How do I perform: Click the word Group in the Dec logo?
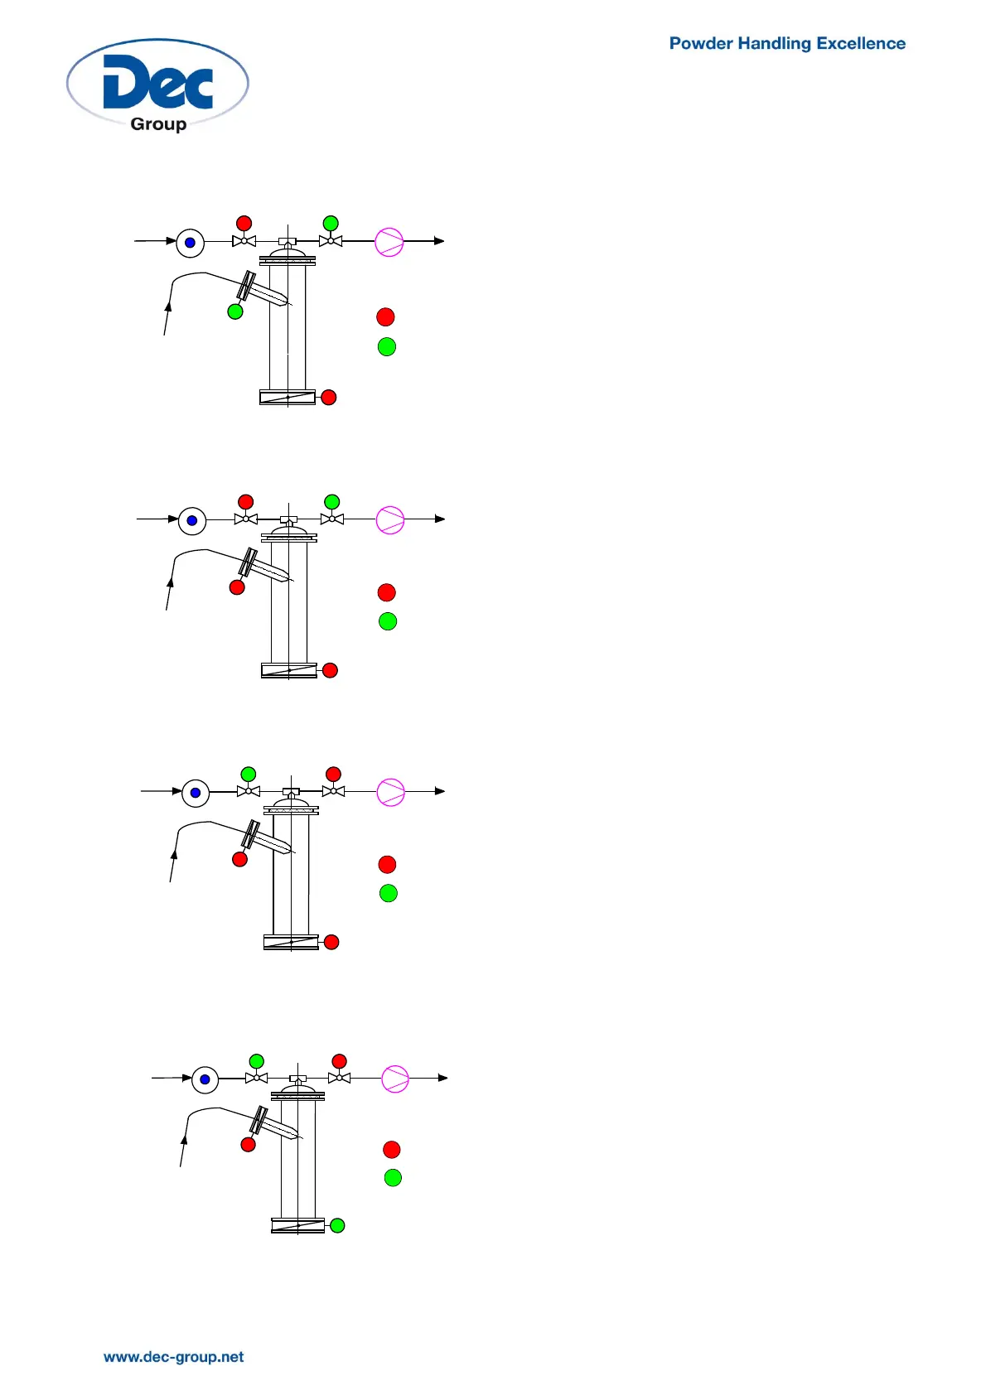pos(158,124)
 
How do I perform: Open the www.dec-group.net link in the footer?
pos(173,1357)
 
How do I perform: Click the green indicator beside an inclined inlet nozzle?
pos(235,311)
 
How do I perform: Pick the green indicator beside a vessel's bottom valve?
pos(337,1225)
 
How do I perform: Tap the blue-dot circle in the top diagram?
pos(190,243)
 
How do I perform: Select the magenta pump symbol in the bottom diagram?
pos(395,1079)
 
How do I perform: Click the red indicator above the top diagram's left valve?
pos(244,223)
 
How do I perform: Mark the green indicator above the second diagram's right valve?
pos(332,501)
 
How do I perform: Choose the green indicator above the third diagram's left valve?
pos(248,774)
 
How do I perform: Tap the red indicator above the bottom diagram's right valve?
pos(339,1061)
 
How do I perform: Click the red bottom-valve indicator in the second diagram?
pos(330,670)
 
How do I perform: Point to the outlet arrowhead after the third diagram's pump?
pos(440,791)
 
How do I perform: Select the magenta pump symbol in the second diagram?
pos(390,520)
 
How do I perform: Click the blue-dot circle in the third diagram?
pos(196,793)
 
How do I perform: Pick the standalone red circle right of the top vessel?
pos(385,316)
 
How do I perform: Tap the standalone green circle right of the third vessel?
pos(389,893)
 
